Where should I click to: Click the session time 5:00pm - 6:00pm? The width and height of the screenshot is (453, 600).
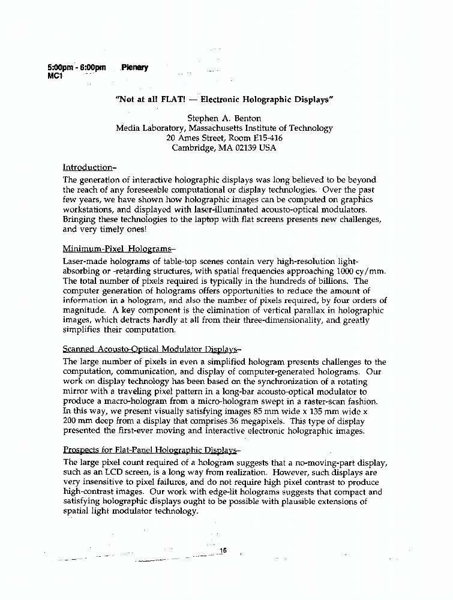coord(76,67)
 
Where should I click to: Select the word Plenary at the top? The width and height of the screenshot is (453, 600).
coord(134,67)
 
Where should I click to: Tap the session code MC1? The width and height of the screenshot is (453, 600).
coord(55,76)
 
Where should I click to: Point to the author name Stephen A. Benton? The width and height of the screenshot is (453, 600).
coord(224,118)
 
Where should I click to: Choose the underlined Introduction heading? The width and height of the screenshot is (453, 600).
coord(88,167)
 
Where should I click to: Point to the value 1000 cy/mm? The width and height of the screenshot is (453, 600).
coord(364,271)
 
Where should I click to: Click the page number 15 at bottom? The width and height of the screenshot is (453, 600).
coord(224,550)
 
